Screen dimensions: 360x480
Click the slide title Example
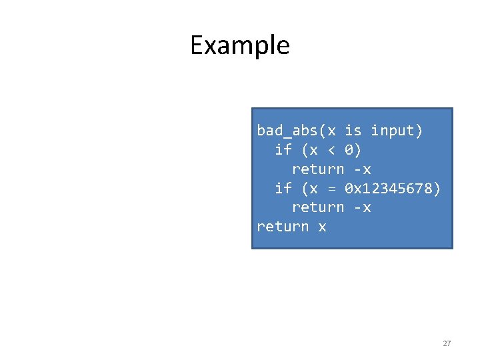coord(239,45)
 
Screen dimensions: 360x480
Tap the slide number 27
coord(447,343)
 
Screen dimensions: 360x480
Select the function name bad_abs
coord(287,131)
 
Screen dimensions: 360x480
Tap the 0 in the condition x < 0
coord(349,150)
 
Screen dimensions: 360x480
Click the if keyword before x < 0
coord(283,150)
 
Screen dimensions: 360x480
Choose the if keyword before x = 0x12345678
coord(283,189)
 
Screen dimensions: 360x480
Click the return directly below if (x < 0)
coord(318,169)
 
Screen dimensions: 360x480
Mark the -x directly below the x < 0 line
coord(362,169)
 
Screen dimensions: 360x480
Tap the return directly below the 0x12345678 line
coord(318,208)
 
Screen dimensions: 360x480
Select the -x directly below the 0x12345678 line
coord(362,208)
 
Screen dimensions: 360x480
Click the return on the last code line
coord(283,227)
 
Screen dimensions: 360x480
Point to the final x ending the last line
coord(322,227)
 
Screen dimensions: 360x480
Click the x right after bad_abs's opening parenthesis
coord(331,131)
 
